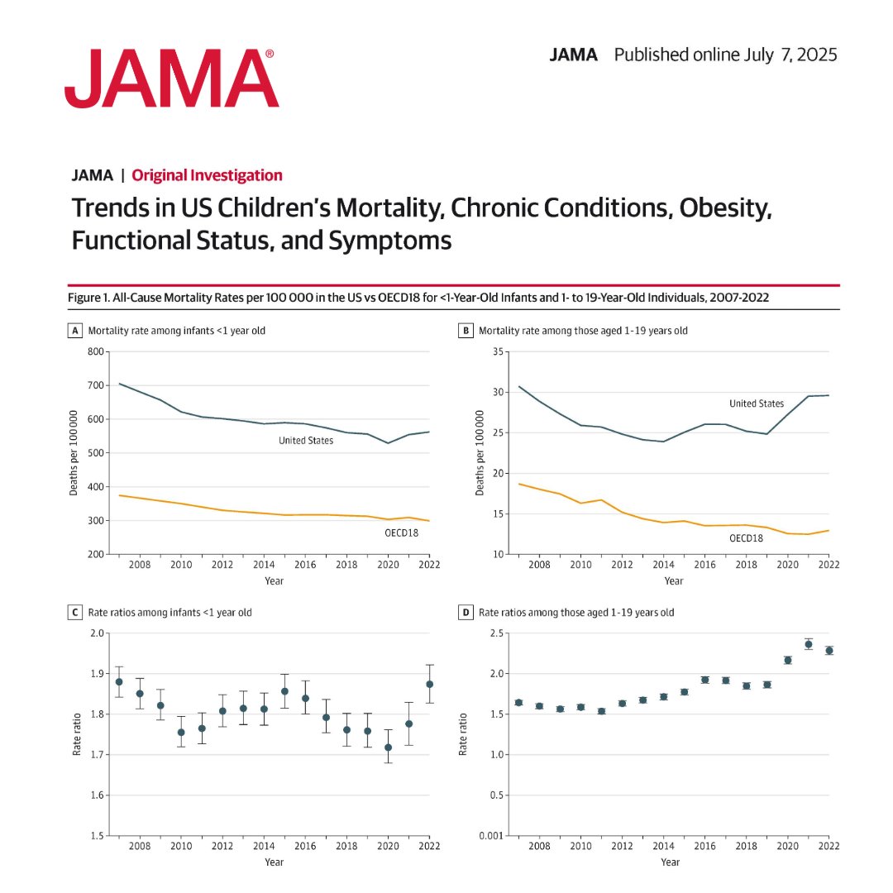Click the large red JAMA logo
[171, 79]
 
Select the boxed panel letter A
[75, 331]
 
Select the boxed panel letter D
[465, 613]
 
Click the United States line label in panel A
[306, 441]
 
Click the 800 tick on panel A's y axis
[98, 351]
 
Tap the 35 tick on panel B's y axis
[497, 351]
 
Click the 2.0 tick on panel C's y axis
[98, 633]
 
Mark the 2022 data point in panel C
[429, 684]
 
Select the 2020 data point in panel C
[388, 747]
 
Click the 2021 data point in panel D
[808, 644]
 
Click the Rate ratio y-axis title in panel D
[462, 734]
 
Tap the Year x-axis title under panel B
[673, 581]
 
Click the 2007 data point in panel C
[119, 681]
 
